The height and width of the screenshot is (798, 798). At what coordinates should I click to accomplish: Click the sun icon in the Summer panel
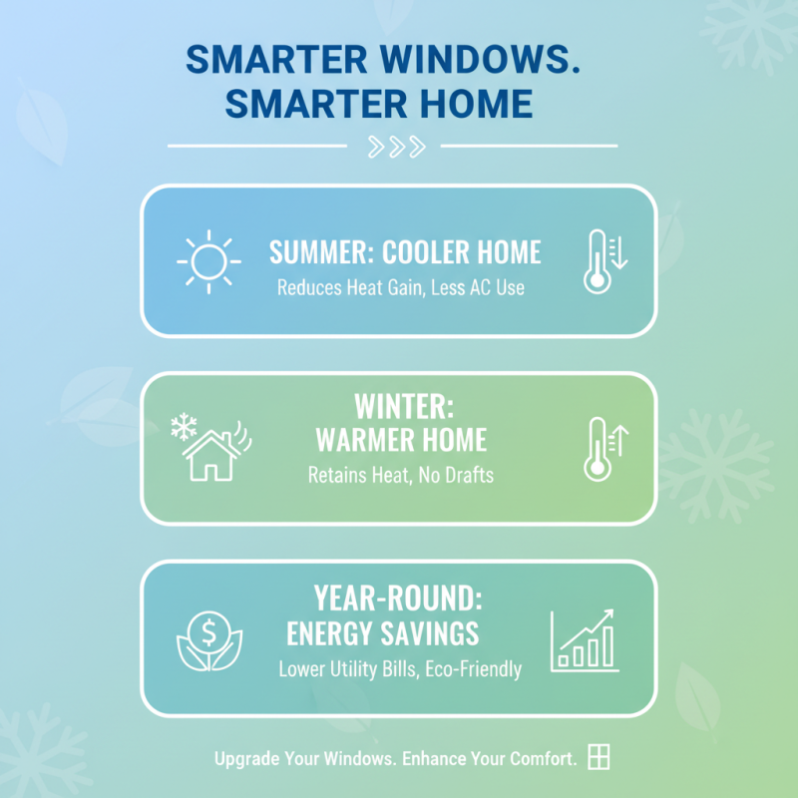(x=208, y=262)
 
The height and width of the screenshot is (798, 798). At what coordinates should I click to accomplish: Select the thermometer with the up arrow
(x=603, y=448)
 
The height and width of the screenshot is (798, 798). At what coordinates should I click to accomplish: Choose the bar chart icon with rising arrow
(x=585, y=639)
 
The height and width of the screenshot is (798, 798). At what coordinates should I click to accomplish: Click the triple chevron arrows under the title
(x=396, y=147)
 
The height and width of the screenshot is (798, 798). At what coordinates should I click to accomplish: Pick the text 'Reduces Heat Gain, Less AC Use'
(x=400, y=288)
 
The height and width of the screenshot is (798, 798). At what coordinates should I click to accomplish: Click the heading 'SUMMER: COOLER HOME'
(x=405, y=252)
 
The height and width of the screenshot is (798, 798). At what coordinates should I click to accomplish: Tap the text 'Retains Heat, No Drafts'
(x=400, y=475)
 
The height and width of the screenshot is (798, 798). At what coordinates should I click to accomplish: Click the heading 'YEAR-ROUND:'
(x=399, y=598)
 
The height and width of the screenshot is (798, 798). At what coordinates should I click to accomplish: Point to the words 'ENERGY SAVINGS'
(x=382, y=633)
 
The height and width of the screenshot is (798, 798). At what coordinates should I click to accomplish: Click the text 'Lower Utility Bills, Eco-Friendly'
(x=399, y=668)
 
